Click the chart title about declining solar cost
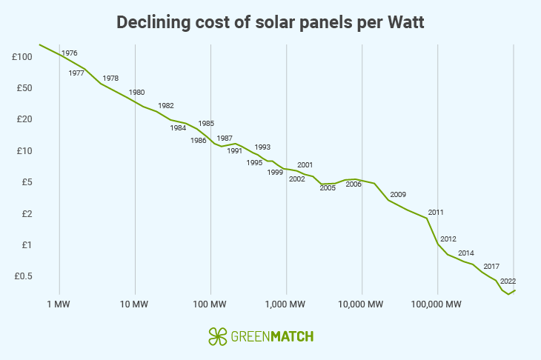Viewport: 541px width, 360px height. click(x=270, y=23)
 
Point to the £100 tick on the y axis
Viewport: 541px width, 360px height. click(x=21, y=57)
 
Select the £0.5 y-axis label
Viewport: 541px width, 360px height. click(x=21, y=276)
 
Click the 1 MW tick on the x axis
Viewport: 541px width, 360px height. click(x=59, y=304)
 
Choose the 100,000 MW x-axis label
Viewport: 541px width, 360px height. click(x=437, y=304)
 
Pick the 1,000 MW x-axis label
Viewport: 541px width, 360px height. click(x=286, y=304)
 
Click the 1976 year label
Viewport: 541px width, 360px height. click(x=70, y=53)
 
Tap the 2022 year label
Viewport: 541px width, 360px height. click(x=508, y=281)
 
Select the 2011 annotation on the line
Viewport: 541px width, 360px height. click(x=436, y=213)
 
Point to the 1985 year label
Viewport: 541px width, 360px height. click(x=206, y=124)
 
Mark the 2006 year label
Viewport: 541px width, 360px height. click(x=354, y=184)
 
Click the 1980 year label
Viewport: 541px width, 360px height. click(x=136, y=93)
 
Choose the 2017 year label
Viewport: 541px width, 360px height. click(x=491, y=266)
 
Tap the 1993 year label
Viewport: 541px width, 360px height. click(x=262, y=147)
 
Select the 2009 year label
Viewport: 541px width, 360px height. click(x=398, y=195)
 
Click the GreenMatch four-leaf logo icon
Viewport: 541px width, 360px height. click(x=217, y=336)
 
